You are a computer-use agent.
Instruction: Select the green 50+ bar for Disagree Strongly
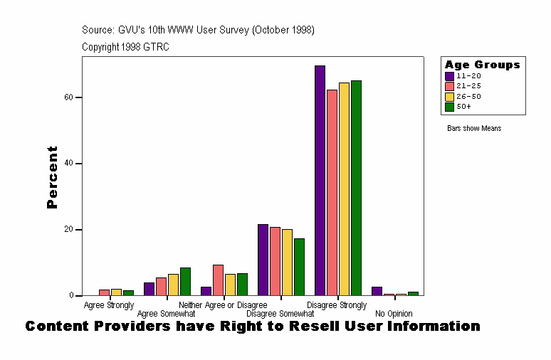356,188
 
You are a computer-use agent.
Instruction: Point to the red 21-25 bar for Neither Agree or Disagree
218,280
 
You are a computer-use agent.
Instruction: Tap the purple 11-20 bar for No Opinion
377,291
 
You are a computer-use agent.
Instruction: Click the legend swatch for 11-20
449,76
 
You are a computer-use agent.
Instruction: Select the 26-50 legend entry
466,96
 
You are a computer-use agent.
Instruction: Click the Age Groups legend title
482,65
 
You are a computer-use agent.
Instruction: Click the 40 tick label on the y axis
72,164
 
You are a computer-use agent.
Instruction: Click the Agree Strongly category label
109,305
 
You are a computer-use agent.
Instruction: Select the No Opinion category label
394,314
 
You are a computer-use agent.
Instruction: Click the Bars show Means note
474,128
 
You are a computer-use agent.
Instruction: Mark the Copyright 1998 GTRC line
125,47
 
